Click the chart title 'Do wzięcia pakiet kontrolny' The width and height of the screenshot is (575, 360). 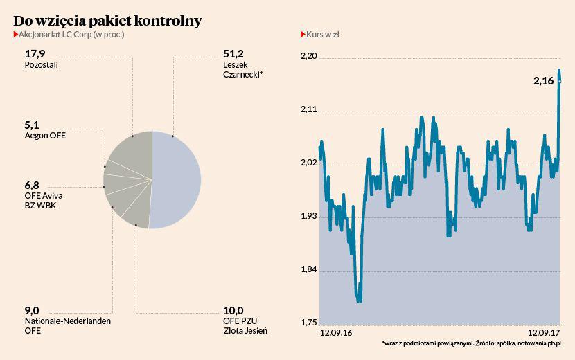[107, 20]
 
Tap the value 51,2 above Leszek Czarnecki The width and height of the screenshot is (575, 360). [232, 53]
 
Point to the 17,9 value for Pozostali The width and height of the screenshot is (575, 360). [35, 53]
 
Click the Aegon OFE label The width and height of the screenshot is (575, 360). [45, 136]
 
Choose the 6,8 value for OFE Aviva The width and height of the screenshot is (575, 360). [33, 185]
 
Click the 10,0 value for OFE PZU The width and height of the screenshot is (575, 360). [233, 310]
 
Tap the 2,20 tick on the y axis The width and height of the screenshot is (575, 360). [308, 57]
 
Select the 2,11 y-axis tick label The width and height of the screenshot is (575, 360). [308, 110]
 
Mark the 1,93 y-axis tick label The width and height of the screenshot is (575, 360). [308, 217]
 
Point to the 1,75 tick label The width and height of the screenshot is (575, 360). [308, 323]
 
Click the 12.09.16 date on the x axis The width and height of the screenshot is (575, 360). [336, 333]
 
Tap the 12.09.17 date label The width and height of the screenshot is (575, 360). [544, 333]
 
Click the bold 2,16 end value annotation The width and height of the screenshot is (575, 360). [543, 81]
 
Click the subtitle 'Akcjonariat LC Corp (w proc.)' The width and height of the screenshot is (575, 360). [70, 34]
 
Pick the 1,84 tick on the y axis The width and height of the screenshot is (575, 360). [308, 270]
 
